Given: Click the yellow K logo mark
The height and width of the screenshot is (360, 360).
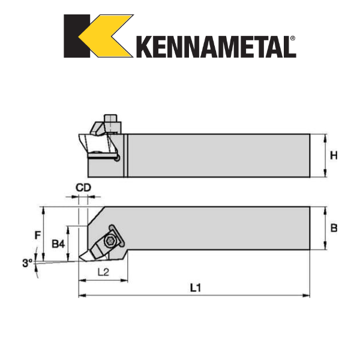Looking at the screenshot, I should [x=98, y=36].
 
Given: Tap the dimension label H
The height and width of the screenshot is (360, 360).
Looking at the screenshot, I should [x=334, y=155].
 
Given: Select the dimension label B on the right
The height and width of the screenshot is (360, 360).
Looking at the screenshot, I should [x=334, y=228].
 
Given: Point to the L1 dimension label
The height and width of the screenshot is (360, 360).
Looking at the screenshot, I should [x=195, y=288].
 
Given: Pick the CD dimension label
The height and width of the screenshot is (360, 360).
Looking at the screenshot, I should [x=83, y=188].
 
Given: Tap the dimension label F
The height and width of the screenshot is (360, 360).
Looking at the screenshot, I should [x=38, y=235].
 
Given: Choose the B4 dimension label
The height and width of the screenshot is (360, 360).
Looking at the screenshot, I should [x=58, y=244].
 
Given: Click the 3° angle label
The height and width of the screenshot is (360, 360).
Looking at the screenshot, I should [x=27, y=262].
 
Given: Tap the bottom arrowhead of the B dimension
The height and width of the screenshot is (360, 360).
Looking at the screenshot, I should [x=325, y=247].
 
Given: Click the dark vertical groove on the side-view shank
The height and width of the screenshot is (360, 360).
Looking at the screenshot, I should [x=126, y=156].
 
